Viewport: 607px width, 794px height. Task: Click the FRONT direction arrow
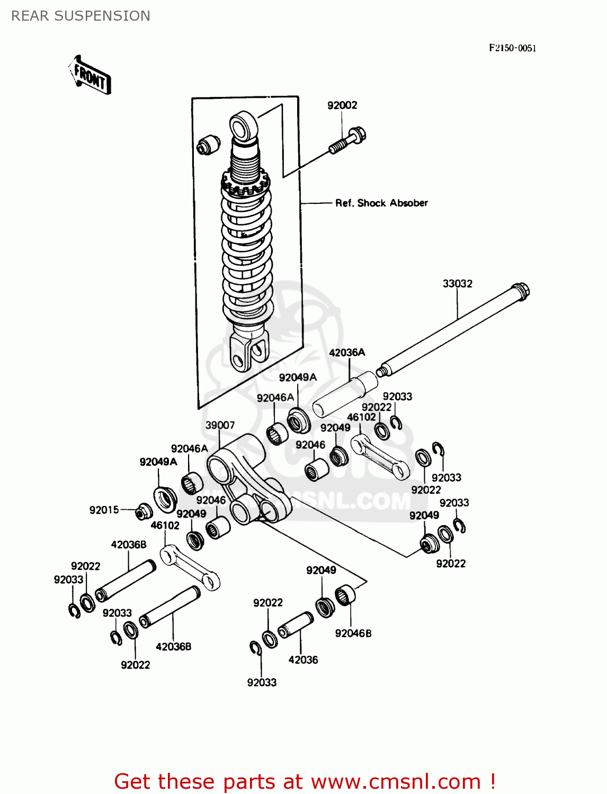tap(90, 75)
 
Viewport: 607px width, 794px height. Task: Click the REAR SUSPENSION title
tap(81, 16)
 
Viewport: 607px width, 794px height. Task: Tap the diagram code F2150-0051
tap(512, 48)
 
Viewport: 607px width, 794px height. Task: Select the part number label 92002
tap(342, 105)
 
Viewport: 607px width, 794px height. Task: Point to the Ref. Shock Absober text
tap(381, 203)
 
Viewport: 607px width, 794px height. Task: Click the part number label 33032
tap(457, 284)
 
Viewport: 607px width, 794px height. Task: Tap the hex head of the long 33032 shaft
tap(521, 291)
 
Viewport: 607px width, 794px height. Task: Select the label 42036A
tap(347, 353)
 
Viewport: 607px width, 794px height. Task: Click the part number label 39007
tap(220, 425)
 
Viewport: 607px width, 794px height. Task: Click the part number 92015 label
tap(104, 510)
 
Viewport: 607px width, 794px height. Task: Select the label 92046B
tap(353, 634)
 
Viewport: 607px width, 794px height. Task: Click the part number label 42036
tap(303, 660)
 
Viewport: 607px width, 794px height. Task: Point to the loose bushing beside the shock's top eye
tap(208, 145)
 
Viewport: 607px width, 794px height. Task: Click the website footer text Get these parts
tap(305, 781)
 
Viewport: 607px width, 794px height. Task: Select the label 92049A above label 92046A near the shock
tap(298, 377)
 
